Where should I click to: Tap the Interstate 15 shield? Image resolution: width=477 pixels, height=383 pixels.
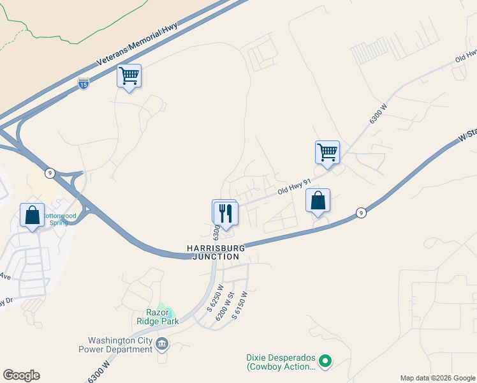83,83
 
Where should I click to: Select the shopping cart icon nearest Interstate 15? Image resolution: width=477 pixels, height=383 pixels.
129,77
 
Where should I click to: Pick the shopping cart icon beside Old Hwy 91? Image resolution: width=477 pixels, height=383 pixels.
327,153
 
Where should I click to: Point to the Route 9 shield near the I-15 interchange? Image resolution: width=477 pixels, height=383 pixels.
49,173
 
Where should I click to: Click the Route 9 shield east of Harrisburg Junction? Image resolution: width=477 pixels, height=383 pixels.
361,213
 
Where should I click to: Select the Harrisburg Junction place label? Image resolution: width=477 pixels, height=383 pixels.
213,252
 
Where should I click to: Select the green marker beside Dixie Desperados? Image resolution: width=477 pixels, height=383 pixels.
325,362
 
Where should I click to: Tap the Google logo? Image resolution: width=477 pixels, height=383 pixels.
21,375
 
